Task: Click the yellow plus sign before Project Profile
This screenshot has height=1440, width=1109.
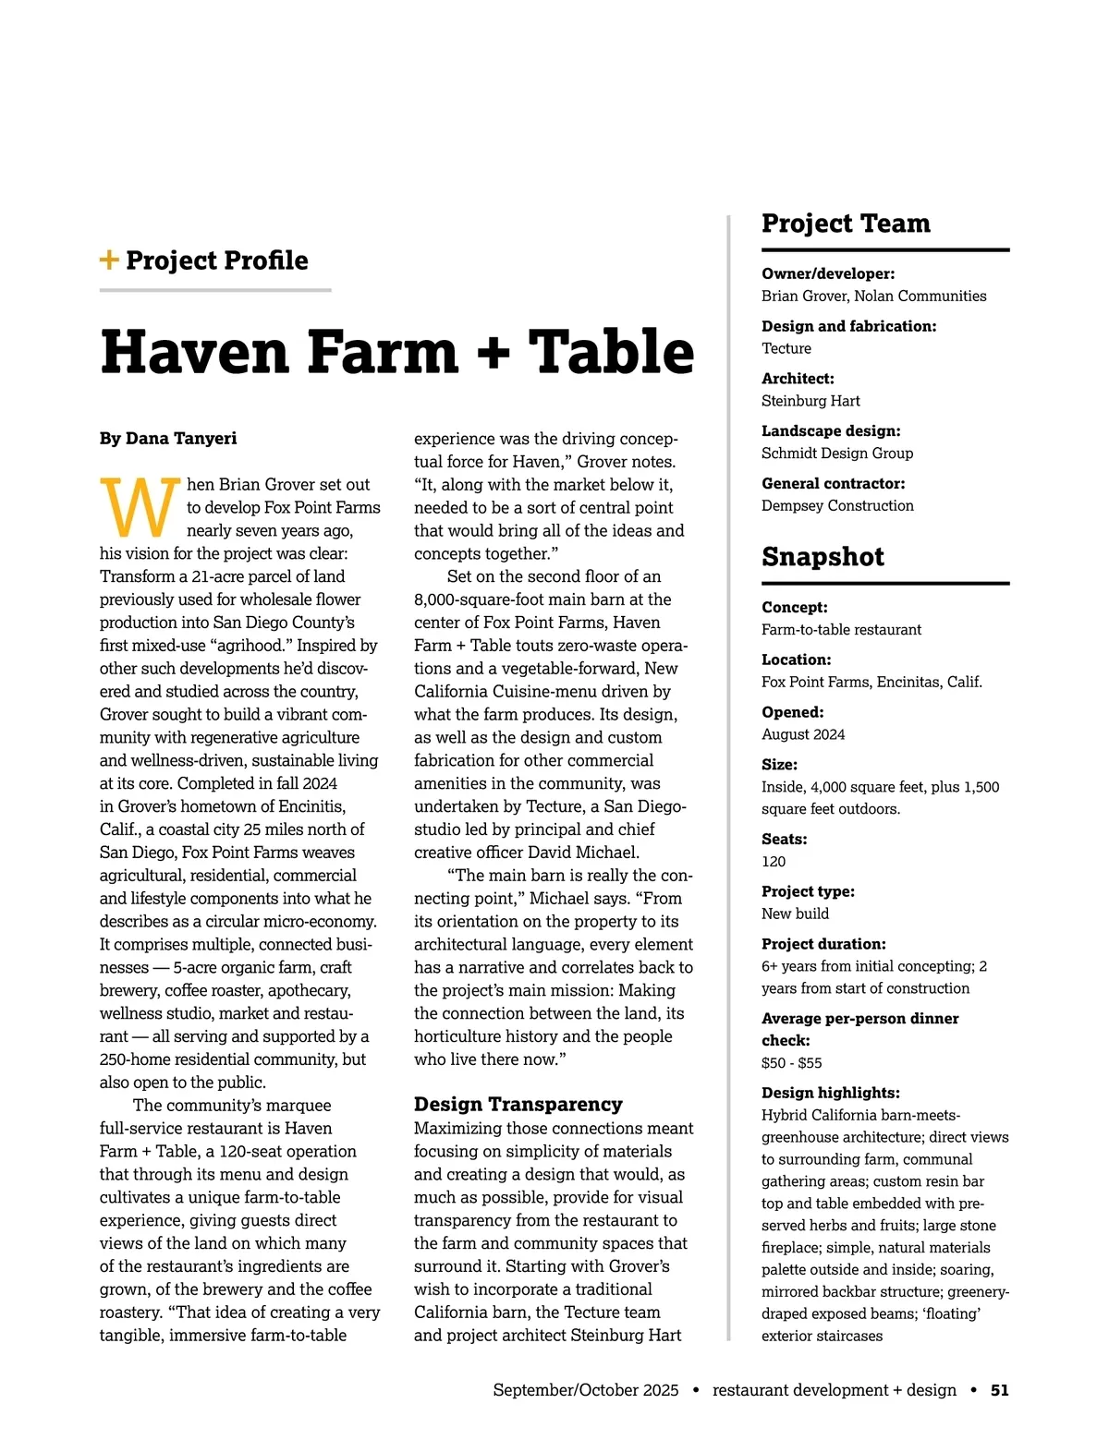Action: pyautogui.click(x=109, y=260)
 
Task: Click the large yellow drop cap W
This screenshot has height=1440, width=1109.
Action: pyautogui.click(x=139, y=507)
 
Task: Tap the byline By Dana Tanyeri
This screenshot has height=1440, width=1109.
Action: pyautogui.click(x=168, y=438)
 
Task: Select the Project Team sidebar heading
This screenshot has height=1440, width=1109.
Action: pyautogui.click(x=846, y=224)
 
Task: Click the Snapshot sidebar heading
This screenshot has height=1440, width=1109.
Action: pyautogui.click(x=823, y=557)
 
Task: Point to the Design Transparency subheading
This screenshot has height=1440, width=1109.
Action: pyautogui.click(x=518, y=1104)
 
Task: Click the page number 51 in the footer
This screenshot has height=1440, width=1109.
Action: pyautogui.click(x=999, y=1390)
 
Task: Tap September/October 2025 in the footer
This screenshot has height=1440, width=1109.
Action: pyautogui.click(x=585, y=1390)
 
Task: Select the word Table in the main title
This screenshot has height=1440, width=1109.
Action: pyautogui.click(x=611, y=353)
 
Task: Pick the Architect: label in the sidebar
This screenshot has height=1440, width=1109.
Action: pyautogui.click(x=798, y=379)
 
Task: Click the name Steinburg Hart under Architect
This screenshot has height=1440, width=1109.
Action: pyautogui.click(x=810, y=401)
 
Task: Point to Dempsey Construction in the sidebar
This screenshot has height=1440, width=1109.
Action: pyautogui.click(x=837, y=505)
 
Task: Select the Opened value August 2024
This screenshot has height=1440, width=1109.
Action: pyautogui.click(x=803, y=734)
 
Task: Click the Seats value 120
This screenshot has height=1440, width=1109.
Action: pyautogui.click(x=774, y=861)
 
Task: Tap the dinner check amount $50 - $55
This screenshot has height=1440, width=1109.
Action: pyautogui.click(x=791, y=1062)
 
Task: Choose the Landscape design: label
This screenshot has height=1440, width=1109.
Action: pyautogui.click(x=831, y=430)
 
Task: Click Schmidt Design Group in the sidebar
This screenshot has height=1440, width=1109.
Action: pyautogui.click(x=837, y=453)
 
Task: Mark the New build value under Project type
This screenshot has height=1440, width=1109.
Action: pyautogui.click(x=795, y=914)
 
